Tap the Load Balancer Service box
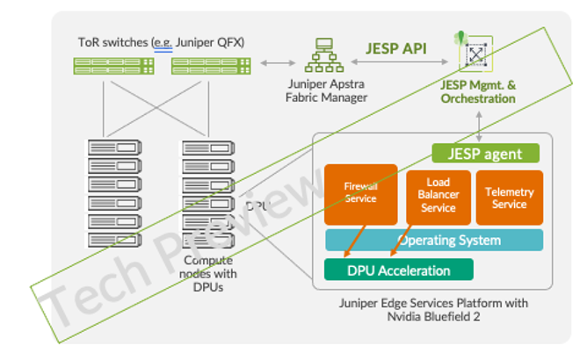pos(438,196)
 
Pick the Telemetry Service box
pos(509,197)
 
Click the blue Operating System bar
pos(433,240)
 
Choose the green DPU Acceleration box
pos(399,270)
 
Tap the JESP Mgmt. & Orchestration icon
pos(475,54)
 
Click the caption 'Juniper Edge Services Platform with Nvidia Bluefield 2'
pos(433,310)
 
